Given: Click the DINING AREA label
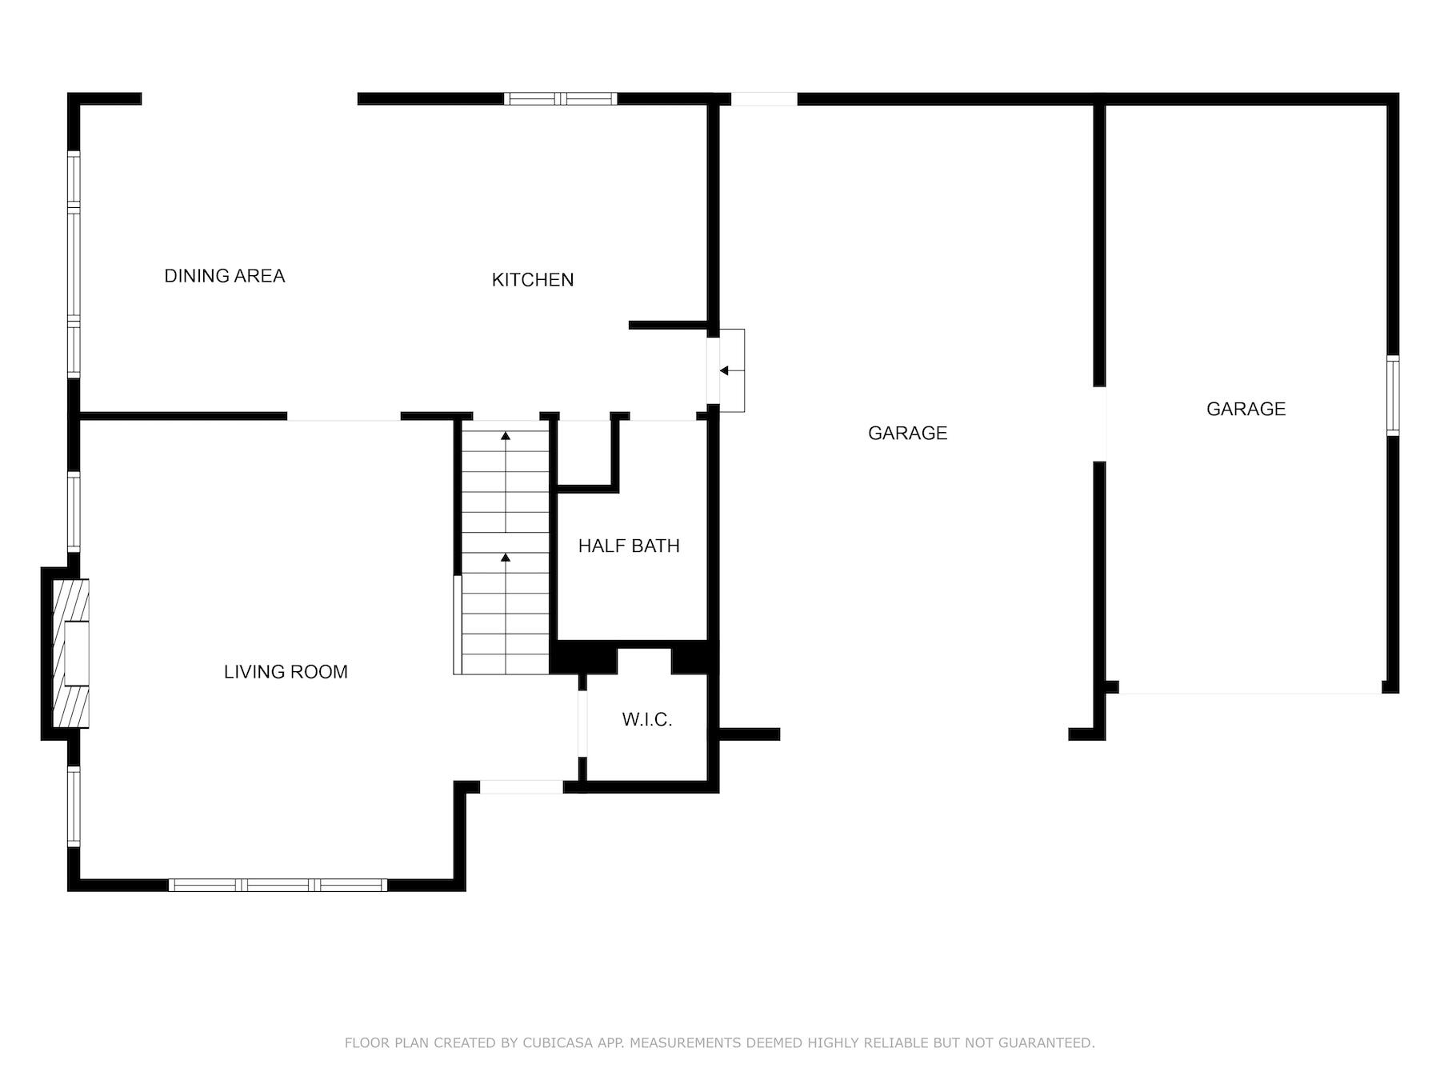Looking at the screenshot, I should pyautogui.click(x=224, y=276).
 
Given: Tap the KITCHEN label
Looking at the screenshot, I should pyautogui.click(x=532, y=280).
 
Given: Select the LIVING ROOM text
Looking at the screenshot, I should pyautogui.click(x=286, y=672).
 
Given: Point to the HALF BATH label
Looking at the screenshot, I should pyautogui.click(x=629, y=546).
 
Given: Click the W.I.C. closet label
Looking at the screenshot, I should pyautogui.click(x=646, y=720).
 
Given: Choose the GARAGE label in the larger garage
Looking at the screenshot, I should pyautogui.click(x=907, y=434).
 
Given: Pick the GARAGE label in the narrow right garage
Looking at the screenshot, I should pyautogui.click(x=1246, y=410).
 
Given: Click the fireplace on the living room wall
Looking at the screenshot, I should pyautogui.click(x=70, y=654).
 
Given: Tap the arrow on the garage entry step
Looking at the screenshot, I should pyautogui.click(x=724, y=371).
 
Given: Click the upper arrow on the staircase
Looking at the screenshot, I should pyautogui.click(x=506, y=436).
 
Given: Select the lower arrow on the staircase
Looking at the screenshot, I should pyautogui.click(x=506, y=557).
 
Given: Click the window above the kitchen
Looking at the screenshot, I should pyautogui.click(x=560, y=99).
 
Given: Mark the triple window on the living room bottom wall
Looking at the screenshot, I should pyautogui.click(x=278, y=885).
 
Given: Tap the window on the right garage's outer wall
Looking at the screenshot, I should pyautogui.click(x=1393, y=395).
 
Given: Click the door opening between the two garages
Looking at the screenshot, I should pyautogui.click(x=1100, y=424).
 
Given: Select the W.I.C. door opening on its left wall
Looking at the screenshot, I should pyautogui.click(x=582, y=723).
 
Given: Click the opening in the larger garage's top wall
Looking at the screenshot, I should pyautogui.click(x=764, y=99).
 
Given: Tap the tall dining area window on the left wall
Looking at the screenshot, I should pyautogui.click(x=74, y=264).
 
